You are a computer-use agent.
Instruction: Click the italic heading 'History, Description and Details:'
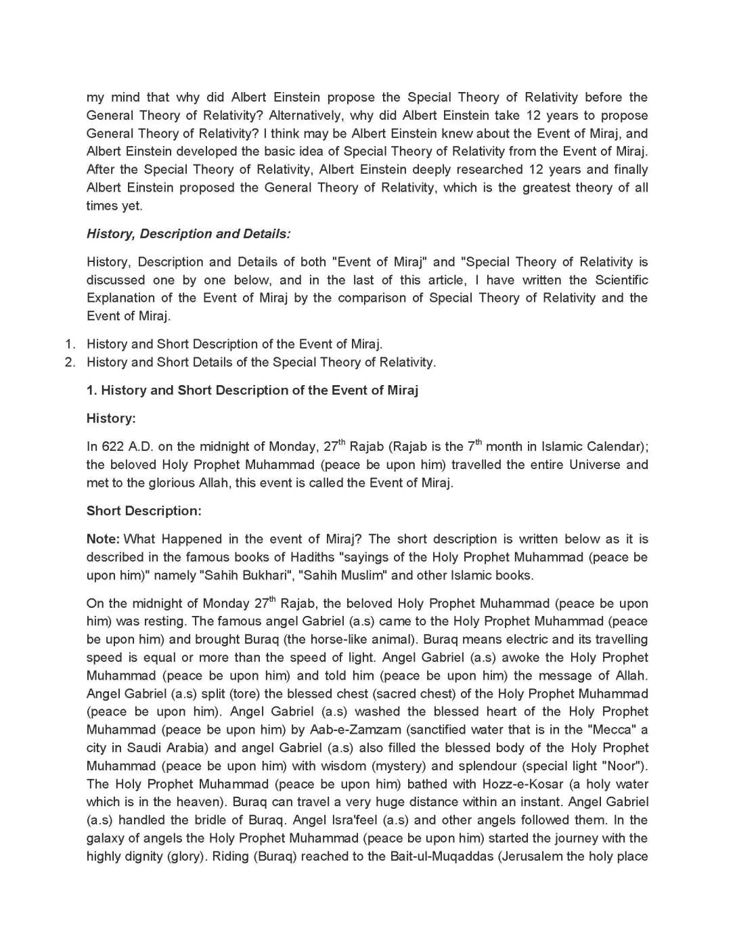click(188, 234)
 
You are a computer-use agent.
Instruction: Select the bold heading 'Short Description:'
click(143, 511)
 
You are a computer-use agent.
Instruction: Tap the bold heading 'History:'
click(111, 418)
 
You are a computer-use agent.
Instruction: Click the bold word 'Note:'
click(103, 539)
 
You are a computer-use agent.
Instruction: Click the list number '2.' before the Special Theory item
click(70, 362)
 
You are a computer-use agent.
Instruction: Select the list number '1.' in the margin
click(70, 344)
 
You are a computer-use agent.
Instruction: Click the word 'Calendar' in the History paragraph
click(615, 447)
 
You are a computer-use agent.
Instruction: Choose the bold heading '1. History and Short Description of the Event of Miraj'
click(252, 391)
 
